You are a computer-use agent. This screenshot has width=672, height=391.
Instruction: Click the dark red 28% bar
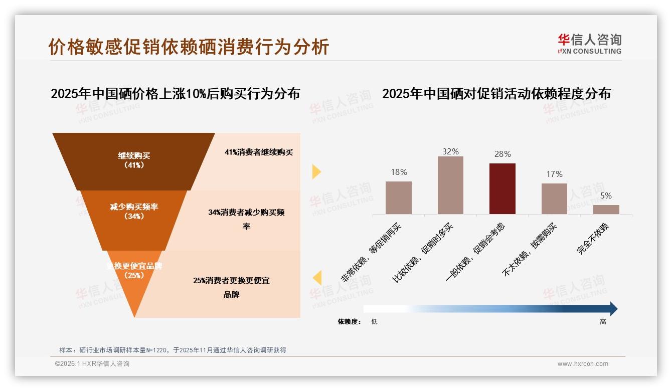coord(502,188)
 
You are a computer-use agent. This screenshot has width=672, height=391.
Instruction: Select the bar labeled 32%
coord(450,185)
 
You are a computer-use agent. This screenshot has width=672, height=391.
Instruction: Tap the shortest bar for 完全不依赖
coord(606,210)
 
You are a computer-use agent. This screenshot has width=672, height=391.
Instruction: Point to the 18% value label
coord(399,172)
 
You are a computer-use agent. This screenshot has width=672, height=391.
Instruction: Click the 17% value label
coord(554,174)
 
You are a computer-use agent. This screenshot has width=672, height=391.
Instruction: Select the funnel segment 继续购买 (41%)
coord(134,160)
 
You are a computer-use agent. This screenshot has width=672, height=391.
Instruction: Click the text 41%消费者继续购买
coord(258,152)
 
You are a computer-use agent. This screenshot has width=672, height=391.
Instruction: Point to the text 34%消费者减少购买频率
coord(246,219)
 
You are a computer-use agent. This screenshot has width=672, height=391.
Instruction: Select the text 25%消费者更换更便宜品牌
coord(231,287)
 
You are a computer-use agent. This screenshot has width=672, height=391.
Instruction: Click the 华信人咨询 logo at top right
coord(589,44)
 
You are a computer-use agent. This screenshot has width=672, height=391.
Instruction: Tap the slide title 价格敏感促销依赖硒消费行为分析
coord(189,47)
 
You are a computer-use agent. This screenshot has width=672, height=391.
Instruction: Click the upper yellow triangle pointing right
coord(316,171)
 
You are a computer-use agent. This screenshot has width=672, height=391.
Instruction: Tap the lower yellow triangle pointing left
coord(316,278)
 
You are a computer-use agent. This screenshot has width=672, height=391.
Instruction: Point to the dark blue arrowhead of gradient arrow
coord(613,309)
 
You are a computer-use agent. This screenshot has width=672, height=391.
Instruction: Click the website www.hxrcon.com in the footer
coord(582,364)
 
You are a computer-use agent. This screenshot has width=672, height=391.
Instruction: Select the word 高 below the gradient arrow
coord(603,322)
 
